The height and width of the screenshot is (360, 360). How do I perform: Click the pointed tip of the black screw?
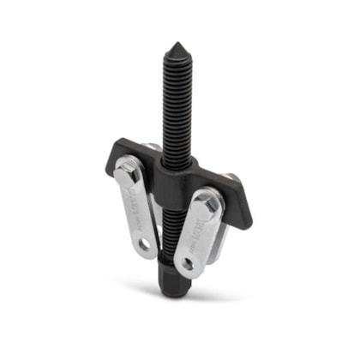[177, 44]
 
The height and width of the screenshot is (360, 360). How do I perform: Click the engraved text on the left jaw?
[137, 211]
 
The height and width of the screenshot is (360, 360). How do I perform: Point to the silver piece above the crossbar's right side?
[231, 177]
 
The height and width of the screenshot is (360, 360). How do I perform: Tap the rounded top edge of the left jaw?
[129, 162]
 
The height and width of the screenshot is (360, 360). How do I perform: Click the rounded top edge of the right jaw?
[206, 193]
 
